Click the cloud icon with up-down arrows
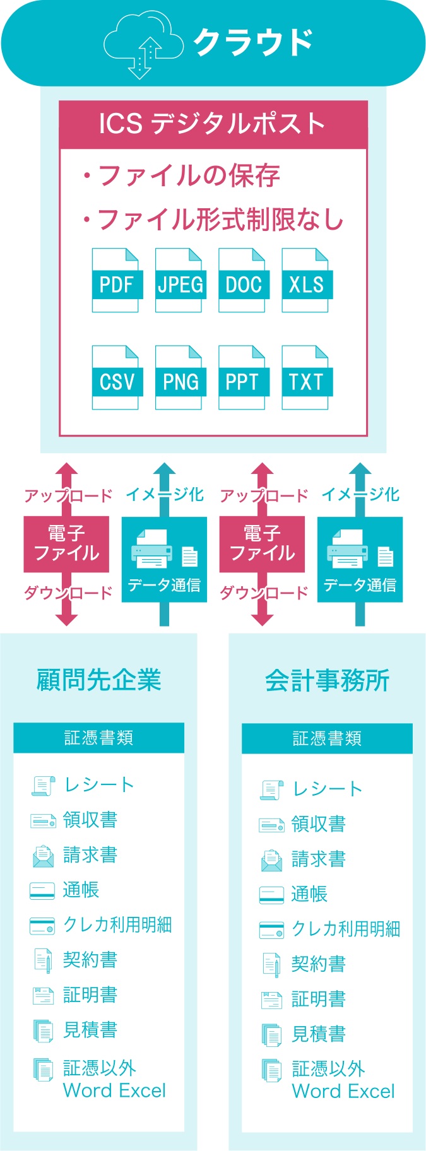pyautogui.click(x=143, y=44)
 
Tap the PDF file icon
pyautogui.click(x=116, y=281)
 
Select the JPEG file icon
pyautogui.click(x=180, y=281)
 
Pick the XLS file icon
pyautogui.click(x=306, y=281)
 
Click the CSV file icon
pyautogui.click(x=116, y=378)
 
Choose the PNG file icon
pyautogui.click(x=180, y=378)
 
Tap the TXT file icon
pyautogui.click(x=306, y=378)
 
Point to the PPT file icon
pyautogui.click(x=243, y=378)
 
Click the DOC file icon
pyautogui.click(x=243, y=281)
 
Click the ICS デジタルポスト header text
pyautogui.click(x=213, y=124)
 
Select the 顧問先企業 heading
pyautogui.click(x=99, y=680)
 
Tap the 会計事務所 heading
pyautogui.click(x=327, y=680)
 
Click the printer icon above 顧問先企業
pyautogui.click(x=152, y=549)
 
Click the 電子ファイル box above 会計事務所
pyautogui.click(x=262, y=544)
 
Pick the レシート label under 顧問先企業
pyautogui.click(x=99, y=784)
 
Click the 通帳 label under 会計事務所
pyautogui.click(x=309, y=894)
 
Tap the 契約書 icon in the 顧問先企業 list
pyautogui.click(x=43, y=960)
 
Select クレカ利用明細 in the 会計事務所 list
pyautogui.click(x=346, y=929)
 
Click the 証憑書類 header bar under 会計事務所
pyautogui.click(x=327, y=738)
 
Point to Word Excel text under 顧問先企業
pyautogui.click(x=114, y=1090)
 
